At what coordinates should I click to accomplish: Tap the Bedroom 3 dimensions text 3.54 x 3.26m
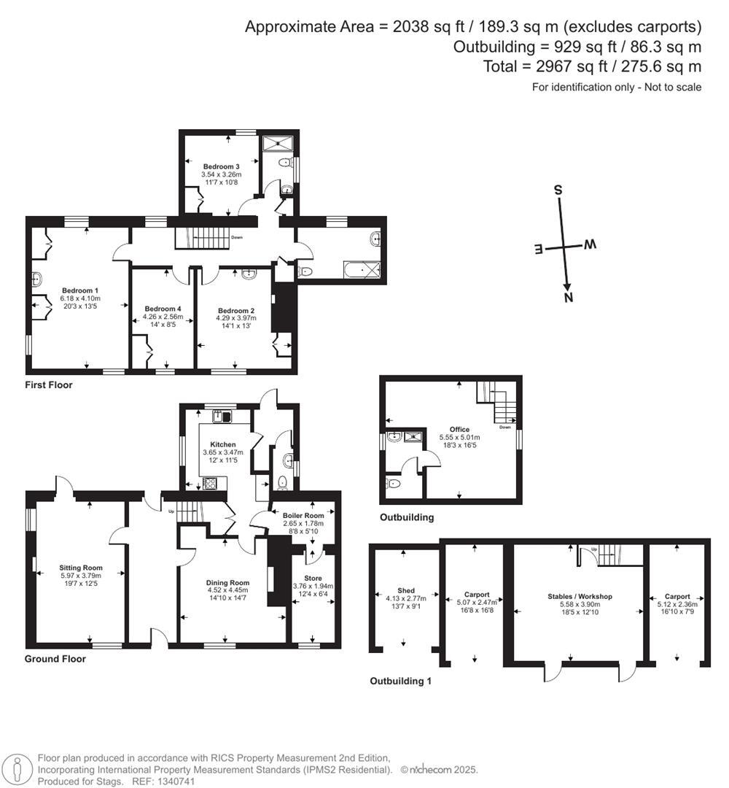click(x=221, y=175)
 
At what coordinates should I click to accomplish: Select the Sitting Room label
click(x=81, y=568)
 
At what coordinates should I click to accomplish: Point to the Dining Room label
click(x=228, y=583)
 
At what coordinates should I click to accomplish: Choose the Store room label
click(x=313, y=578)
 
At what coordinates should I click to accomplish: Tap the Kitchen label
click(x=223, y=444)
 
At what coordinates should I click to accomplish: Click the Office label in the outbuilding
click(x=459, y=429)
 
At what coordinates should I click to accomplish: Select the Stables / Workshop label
click(x=580, y=596)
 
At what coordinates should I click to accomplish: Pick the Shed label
click(x=405, y=590)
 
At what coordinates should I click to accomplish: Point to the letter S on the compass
click(x=558, y=190)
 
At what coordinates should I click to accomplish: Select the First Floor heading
click(x=49, y=385)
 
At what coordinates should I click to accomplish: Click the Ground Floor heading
click(x=55, y=659)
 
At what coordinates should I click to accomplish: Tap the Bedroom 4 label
click(x=163, y=309)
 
